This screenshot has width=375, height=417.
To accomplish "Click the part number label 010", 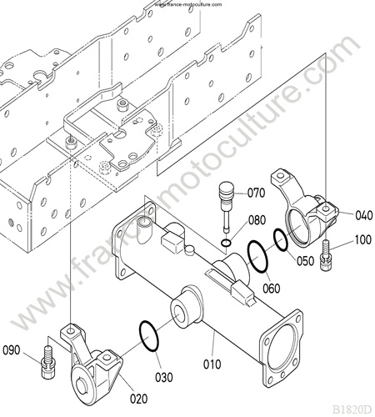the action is coord(212,364).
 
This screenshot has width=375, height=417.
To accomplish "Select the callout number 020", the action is coord(139,399).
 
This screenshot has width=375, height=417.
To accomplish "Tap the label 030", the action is coord(163,377).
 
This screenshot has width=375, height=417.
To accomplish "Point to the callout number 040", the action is coord(363,215).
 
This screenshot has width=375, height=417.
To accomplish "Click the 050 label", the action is coord(305,261).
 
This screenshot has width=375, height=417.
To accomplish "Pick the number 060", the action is coord(272,288).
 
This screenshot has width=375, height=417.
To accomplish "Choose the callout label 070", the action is coord(256,193).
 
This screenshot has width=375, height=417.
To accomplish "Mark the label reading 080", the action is coord(257,220).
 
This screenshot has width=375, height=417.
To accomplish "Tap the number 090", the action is coord(12,350).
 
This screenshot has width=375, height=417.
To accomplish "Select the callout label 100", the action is coord(363,239).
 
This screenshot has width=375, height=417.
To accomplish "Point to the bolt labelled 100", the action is coord(326,256).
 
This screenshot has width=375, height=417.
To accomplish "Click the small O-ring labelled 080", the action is coord(226,244).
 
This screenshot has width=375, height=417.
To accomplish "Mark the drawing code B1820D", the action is coord(352,409).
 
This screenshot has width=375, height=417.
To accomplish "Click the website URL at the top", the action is coord(188,4).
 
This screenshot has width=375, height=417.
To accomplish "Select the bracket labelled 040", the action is coord(304,208).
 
